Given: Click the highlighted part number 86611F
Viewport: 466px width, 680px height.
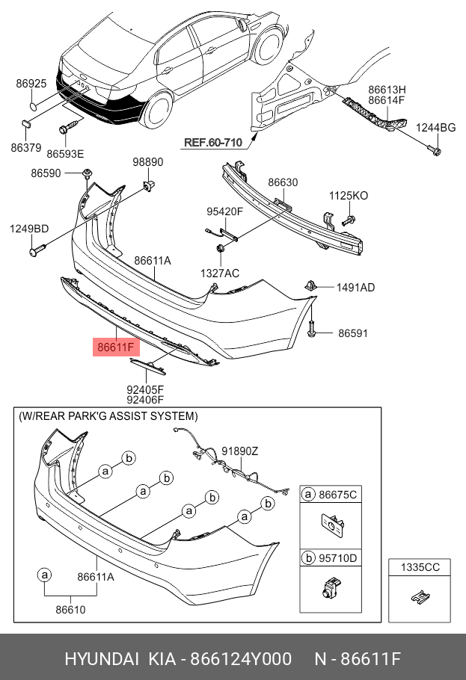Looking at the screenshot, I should click(114, 347).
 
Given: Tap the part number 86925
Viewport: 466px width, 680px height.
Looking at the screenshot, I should click(31, 84).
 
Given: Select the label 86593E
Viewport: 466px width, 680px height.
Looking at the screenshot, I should click(65, 154).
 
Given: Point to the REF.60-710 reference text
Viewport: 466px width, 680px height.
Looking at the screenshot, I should click(214, 142).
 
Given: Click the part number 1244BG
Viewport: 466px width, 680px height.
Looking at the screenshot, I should click(436, 128).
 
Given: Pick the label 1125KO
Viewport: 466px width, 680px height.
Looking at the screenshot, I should click(349, 196).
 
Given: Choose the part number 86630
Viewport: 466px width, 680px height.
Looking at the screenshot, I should click(283, 182).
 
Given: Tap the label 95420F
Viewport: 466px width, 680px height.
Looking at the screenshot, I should click(225, 211).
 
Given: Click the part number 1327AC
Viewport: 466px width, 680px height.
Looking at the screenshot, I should click(220, 273).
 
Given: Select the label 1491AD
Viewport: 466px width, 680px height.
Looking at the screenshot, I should click(355, 287).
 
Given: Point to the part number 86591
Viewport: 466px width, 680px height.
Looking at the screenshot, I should click(353, 333).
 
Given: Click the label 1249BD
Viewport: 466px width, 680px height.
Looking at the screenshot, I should click(29, 229).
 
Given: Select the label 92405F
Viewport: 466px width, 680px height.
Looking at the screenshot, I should click(144, 389).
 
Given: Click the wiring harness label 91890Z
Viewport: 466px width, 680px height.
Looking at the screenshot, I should click(240, 451).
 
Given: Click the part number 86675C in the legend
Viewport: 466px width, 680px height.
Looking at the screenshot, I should click(338, 495).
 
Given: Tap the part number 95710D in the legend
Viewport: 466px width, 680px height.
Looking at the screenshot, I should click(338, 557).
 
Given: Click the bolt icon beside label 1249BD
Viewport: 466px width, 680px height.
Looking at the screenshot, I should click(38, 253).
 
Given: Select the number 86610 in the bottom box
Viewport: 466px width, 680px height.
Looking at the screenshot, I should click(71, 610).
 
